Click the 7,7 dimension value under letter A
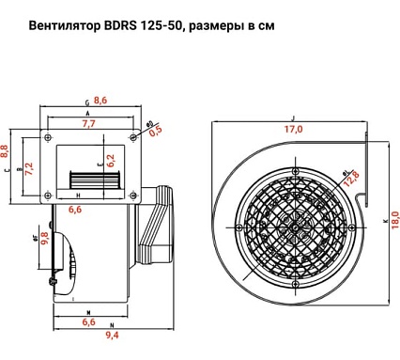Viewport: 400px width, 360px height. pos(90,123)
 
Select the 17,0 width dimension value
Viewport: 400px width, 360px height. pos(294,129)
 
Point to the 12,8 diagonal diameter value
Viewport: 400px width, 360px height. pos(352,180)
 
